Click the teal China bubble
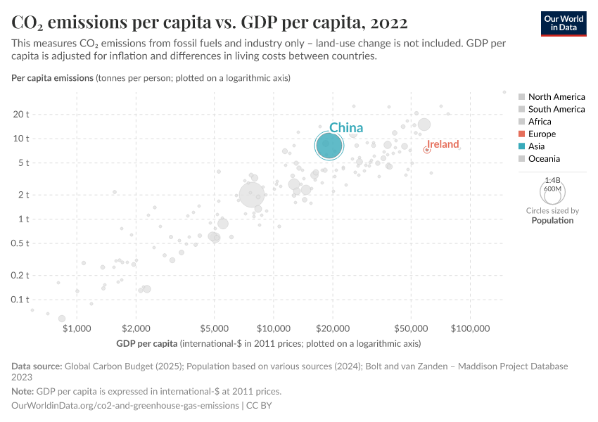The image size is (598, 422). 329,146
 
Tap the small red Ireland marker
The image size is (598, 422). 426,150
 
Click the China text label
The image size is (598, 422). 346,127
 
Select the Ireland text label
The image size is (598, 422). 443,144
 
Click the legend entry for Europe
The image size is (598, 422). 542,134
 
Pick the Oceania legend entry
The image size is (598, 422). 544,159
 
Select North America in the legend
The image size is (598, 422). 556,96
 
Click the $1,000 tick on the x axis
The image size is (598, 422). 77,328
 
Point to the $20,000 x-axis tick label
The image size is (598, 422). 333,328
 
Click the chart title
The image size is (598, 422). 209,23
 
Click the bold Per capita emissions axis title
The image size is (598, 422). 53,77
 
